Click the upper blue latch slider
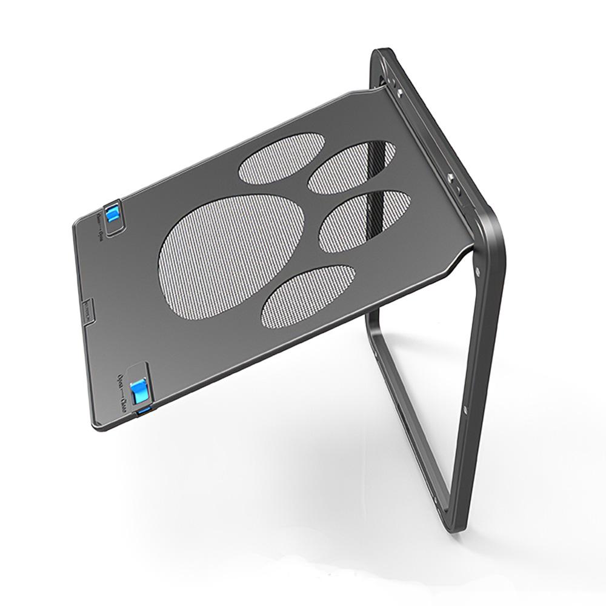click(x=112, y=214)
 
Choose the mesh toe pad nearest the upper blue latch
click(x=281, y=158)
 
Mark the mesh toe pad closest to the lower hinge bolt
click(x=365, y=220)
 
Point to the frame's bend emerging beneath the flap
click(x=371, y=318)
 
